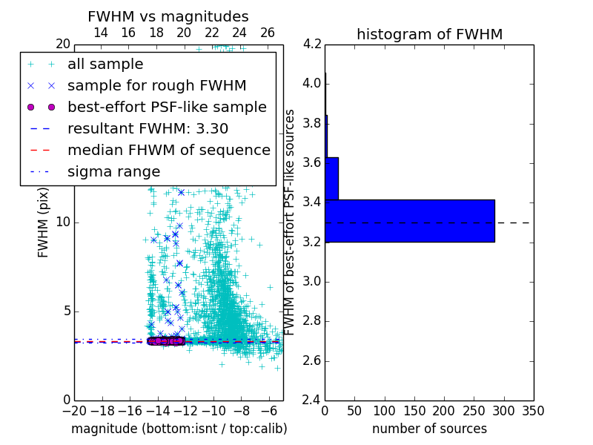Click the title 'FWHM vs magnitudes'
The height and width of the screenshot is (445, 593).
pos(168,16)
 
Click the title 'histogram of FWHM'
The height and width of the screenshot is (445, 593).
pos(429,34)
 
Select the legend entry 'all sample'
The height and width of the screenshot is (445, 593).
pos(105,65)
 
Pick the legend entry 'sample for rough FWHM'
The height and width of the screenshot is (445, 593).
pos(156,85)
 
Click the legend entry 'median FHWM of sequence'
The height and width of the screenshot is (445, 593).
pos(168,150)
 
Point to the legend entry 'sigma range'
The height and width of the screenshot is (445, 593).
pos(113,171)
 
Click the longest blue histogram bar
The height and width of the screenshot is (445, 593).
pos(409,220)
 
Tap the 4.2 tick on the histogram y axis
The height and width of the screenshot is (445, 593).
pos(312,44)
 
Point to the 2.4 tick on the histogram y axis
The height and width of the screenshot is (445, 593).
pos(312,400)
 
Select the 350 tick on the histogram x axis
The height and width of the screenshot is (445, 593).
pos(533,411)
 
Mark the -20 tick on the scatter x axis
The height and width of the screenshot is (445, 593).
pos(74,411)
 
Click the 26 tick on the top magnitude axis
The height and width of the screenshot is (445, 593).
pos(268,33)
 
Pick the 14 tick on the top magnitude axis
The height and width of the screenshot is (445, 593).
pos(101,33)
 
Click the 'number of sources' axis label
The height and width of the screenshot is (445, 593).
pos(429,429)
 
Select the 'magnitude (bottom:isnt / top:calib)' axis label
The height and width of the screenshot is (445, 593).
pos(179,429)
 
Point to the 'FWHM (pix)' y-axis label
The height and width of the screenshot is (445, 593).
pos(44,222)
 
